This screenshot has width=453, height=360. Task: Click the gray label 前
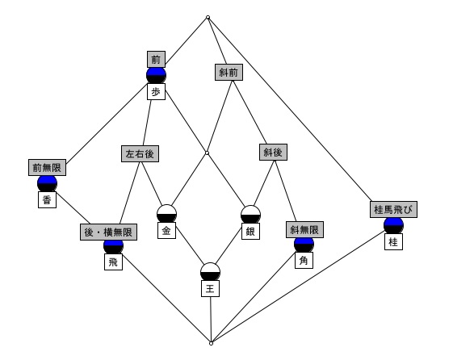click(x=156, y=60)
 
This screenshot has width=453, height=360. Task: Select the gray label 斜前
click(x=229, y=72)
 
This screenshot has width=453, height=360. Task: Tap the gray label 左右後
click(x=140, y=153)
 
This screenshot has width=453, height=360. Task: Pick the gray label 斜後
click(x=273, y=152)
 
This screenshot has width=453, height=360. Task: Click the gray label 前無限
click(x=47, y=167)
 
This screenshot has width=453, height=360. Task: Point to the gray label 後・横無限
click(x=108, y=232)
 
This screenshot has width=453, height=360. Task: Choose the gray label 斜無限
click(x=304, y=229)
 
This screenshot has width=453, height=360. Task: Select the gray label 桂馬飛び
click(x=393, y=209)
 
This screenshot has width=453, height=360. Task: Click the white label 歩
click(x=156, y=92)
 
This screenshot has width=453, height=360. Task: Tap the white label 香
click(x=47, y=199)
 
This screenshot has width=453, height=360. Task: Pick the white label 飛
click(x=113, y=262)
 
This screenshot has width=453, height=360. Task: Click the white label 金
click(x=166, y=231)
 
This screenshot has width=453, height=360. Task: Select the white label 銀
click(x=250, y=231)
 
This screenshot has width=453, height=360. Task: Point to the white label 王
click(x=210, y=289)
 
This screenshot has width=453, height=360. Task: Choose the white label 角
click(x=304, y=261)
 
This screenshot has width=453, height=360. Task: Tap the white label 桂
click(x=393, y=241)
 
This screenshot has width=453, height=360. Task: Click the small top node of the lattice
click(x=208, y=17)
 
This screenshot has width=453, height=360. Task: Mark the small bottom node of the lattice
click(x=212, y=344)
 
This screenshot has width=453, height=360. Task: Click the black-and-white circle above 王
click(x=210, y=272)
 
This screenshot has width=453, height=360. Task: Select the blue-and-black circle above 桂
click(x=393, y=226)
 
